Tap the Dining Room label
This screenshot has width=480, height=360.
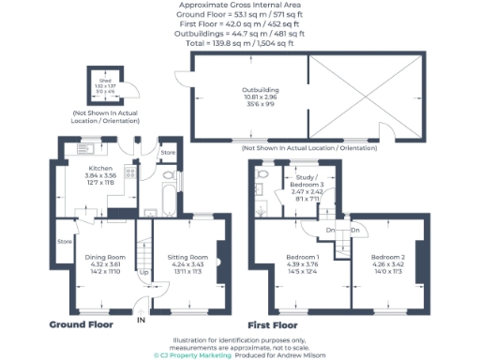[x=105, y=256]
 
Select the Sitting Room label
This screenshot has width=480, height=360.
[x=186, y=256]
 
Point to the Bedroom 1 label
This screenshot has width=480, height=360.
[x=303, y=256]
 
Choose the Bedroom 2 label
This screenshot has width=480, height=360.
[x=387, y=256]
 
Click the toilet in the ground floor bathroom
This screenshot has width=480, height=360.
[x=168, y=176]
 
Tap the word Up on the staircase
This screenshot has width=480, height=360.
[x=143, y=273]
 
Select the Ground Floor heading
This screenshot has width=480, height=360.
[x=81, y=324]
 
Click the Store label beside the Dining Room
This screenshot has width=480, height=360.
[x=64, y=241]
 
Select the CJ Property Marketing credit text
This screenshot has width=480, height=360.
[x=194, y=355]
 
